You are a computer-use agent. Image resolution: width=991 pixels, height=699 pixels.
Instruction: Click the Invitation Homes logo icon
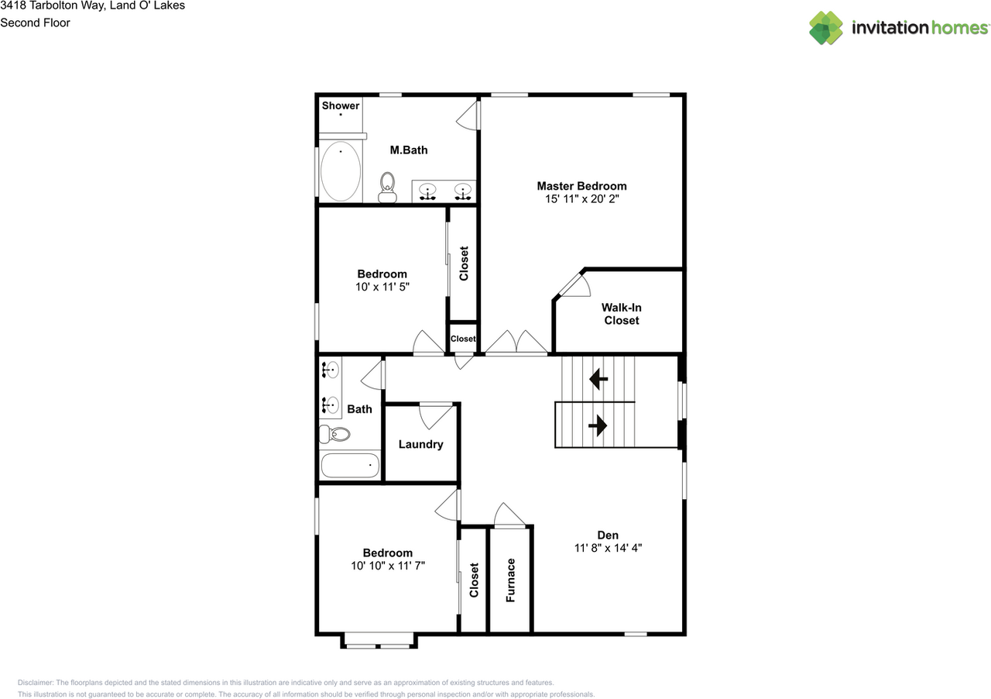(x=825, y=28)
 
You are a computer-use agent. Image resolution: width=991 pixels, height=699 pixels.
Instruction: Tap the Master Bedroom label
(x=581, y=186)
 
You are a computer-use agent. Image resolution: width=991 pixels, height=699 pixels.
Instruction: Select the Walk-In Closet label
(x=622, y=314)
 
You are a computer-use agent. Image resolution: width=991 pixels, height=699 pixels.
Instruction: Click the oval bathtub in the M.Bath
(x=340, y=171)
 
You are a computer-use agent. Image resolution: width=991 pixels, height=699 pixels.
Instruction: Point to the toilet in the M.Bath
(x=387, y=186)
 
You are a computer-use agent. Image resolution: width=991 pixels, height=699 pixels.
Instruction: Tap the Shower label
(x=341, y=105)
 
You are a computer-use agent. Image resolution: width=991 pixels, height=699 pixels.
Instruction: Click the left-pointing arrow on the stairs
(x=598, y=380)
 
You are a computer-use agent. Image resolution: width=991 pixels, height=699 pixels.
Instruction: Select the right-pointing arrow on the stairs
(x=598, y=425)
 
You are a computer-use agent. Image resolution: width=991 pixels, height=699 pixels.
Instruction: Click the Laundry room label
(x=420, y=444)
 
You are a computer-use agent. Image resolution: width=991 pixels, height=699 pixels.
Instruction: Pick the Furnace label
(x=511, y=580)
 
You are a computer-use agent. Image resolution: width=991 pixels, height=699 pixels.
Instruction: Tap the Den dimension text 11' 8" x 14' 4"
(x=608, y=548)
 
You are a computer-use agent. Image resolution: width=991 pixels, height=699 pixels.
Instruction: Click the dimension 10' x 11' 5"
(x=382, y=287)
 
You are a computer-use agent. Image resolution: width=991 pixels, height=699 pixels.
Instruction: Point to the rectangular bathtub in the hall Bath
(x=350, y=466)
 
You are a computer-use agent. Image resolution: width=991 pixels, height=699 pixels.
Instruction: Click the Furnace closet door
(x=509, y=514)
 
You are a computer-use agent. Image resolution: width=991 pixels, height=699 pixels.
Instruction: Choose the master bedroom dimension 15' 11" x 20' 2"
(x=581, y=199)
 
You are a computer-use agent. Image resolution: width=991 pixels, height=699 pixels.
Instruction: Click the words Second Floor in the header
(x=35, y=22)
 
